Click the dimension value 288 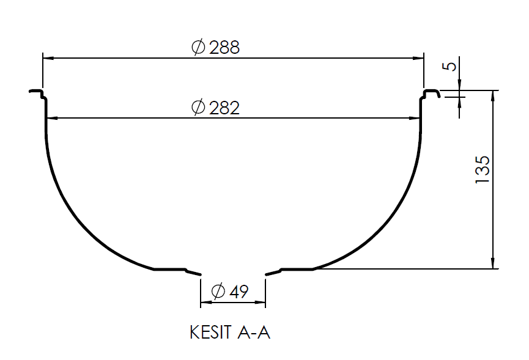pyautogui.click(x=224, y=48)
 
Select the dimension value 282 pyautogui.click(x=224, y=108)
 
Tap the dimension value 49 pyautogui.click(x=239, y=292)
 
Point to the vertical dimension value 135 pyautogui.click(x=482, y=169)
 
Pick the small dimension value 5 pyautogui.click(x=451, y=65)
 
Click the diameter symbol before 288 pyautogui.click(x=198, y=48)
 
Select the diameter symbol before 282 pyautogui.click(x=198, y=108)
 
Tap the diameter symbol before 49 pyautogui.click(x=218, y=292)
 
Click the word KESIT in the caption pyautogui.click(x=210, y=333)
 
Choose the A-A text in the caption pyautogui.click(x=252, y=333)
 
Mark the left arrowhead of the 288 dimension pyautogui.click(x=47, y=58)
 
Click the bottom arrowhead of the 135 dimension pyautogui.click(x=493, y=264)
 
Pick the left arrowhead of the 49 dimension pyautogui.click(x=205, y=301)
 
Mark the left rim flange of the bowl pyautogui.click(x=37, y=94)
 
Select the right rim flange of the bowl pyautogui.click(x=431, y=93)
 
